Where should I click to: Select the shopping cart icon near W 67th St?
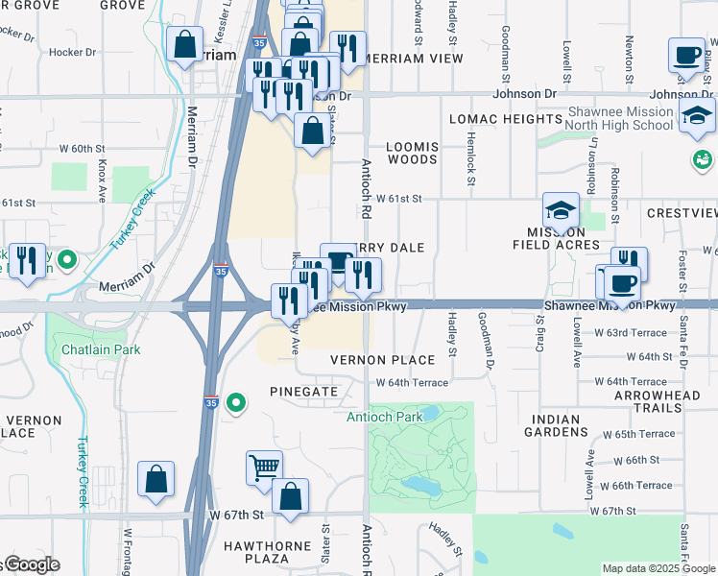click(264, 468)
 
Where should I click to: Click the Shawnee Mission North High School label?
click(619, 119)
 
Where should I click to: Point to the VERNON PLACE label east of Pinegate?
click(382, 359)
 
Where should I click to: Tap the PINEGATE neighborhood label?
click(303, 392)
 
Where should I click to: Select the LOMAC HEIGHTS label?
click(505, 119)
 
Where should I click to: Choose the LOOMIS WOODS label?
click(412, 153)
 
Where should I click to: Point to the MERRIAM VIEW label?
click(415, 59)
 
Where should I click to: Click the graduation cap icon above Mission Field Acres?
click(561, 209)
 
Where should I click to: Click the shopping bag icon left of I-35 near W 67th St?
click(156, 478)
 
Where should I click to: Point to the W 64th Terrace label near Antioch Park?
click(412, 382)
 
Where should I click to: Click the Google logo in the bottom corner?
click(31, 565)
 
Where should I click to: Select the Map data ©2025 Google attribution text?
click(658, 568)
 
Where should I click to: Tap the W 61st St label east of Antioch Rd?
click(399, 199)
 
